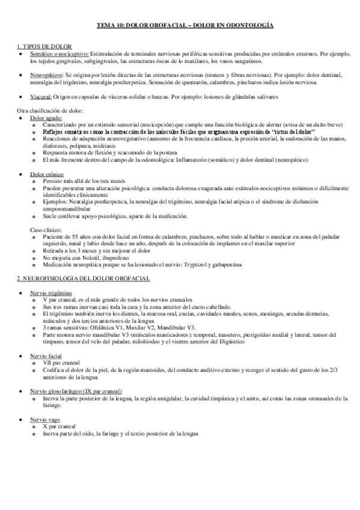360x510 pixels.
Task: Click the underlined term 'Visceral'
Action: coord(41,96)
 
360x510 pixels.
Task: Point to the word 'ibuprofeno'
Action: coord(111,257)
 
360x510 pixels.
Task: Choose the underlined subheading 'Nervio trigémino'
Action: coord(50,292)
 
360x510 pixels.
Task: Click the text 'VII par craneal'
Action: coord(63,363)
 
